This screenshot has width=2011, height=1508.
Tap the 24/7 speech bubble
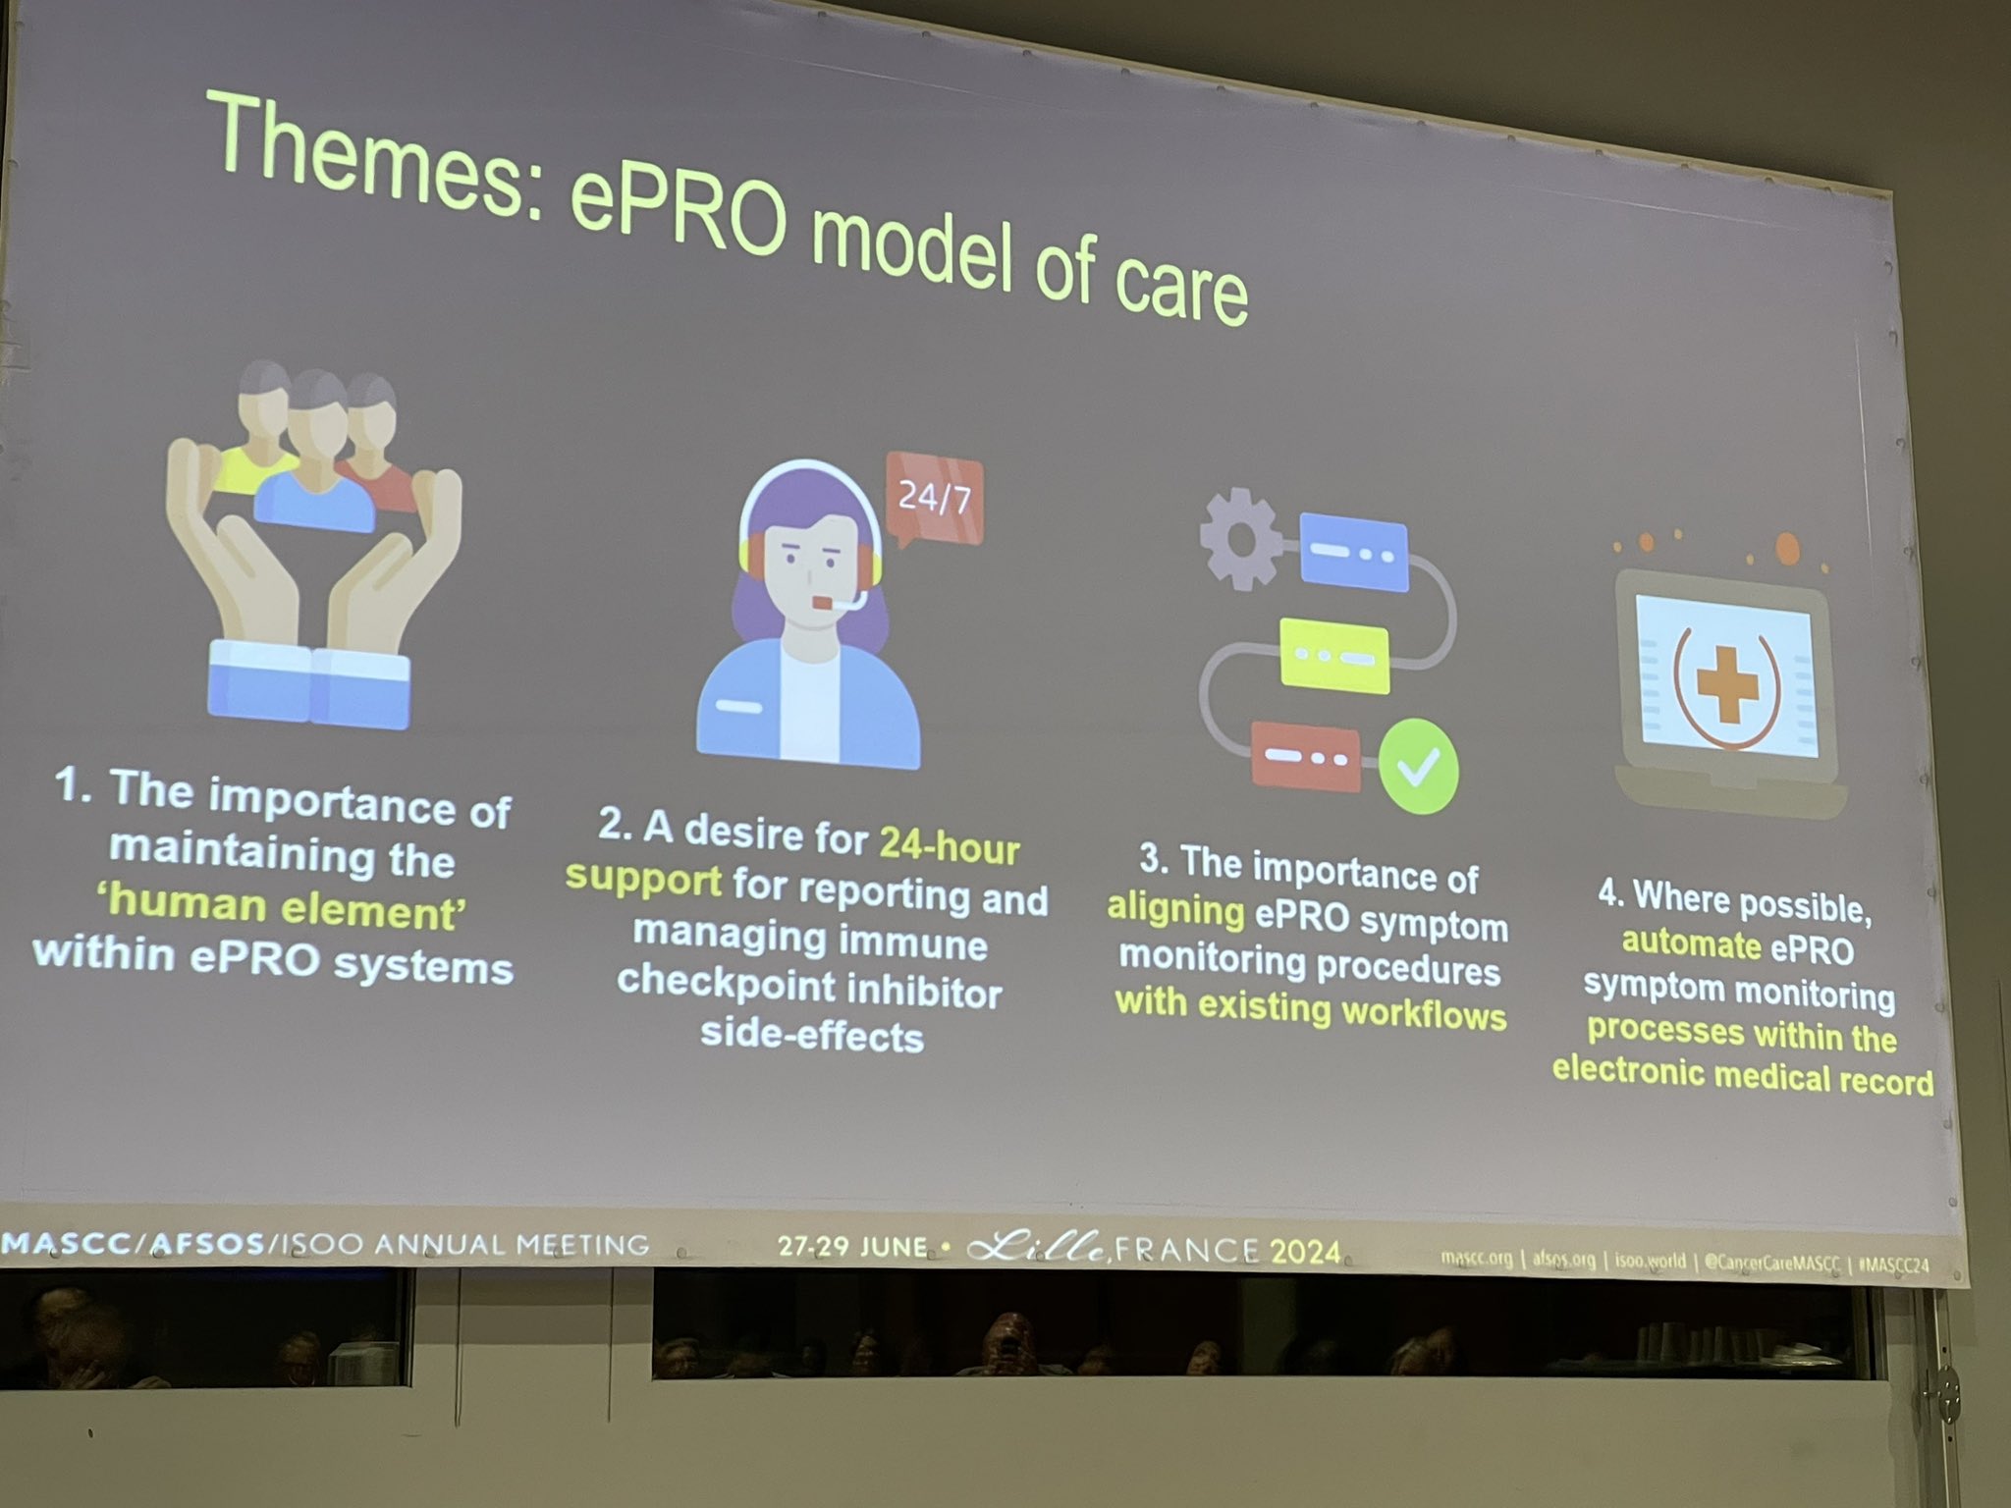coord(934,499)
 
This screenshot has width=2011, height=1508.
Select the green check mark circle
coord(1419,766)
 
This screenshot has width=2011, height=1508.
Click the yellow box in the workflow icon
coord(1334,655)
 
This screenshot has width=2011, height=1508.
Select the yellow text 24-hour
coord(949,845)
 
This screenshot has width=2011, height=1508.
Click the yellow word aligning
coord(1176,909)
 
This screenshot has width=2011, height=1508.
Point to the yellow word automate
coord(1692,943)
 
